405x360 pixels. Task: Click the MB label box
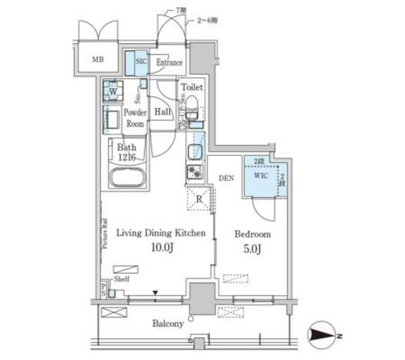pyautogui.click(x=97, y=61)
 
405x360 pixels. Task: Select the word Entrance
pyautogui.click(x=169, y=63)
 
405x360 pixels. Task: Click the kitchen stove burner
pyautogui.click(x=195, y=172)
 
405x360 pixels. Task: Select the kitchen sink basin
pyautogui.click(x=196, y=151)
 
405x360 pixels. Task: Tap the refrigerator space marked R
pyautogui.click(x=199, y=200)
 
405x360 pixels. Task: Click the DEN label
pyautogui.click(x=227, y=179)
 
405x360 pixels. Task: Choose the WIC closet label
pyautogui.click(x=260, y=177)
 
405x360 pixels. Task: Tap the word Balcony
pyautogui.click(x=168, y=323)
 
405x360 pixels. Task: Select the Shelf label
pyautogui.click(x=121, y=280)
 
